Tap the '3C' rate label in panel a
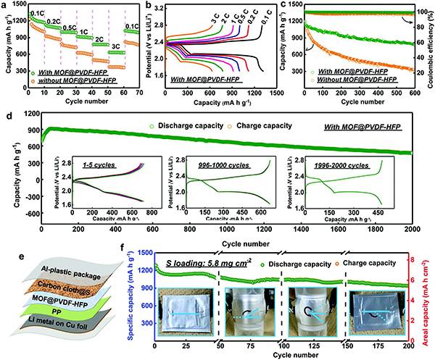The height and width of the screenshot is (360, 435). coord(116,45)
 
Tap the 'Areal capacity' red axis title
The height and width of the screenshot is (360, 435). coord(429,297)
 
